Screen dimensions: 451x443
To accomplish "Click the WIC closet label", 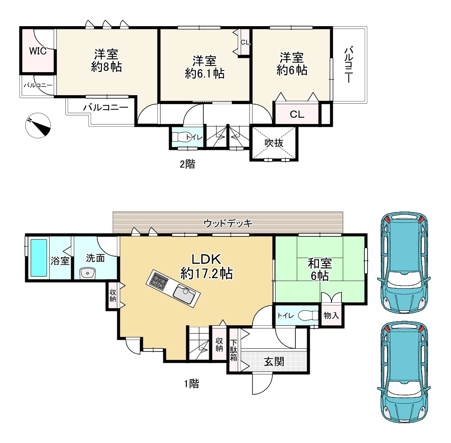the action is pyautogui.click(x=38, y=51).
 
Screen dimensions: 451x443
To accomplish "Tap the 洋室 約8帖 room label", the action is pyautogui.click(x=106, y=60).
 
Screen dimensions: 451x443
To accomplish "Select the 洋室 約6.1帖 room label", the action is pyautogui.click(x=204, y=67).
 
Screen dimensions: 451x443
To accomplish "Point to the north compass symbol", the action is pyautogui.click(x=38, y=125).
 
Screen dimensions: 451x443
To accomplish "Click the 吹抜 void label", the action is pyautogui.click(x=274, y=143).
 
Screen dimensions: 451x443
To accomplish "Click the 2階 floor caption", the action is pyautogui.click(x=188, y=164).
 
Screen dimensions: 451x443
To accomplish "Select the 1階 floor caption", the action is pyautogui.click(x=192, y=383).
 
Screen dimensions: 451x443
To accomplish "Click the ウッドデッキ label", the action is pyautogui.click(x=228, y=223).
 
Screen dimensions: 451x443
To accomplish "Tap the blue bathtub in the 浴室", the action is pyautogui.click(x=39, y=258).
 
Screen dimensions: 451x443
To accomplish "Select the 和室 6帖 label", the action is pyautogui.click(x=320, y=269).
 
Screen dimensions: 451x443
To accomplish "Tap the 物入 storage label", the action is pyautogui.click(x=331, y=315).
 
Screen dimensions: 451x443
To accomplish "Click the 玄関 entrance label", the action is pyautogui.click(x=274, y=362).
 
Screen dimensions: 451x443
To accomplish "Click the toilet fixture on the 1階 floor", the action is pyautogui.click(x=308, y=316).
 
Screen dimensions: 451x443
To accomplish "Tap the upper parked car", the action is pyautogui.click(x=404, y=263).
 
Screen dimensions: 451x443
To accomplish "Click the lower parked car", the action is pyautogui.click(x=404, y=372).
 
